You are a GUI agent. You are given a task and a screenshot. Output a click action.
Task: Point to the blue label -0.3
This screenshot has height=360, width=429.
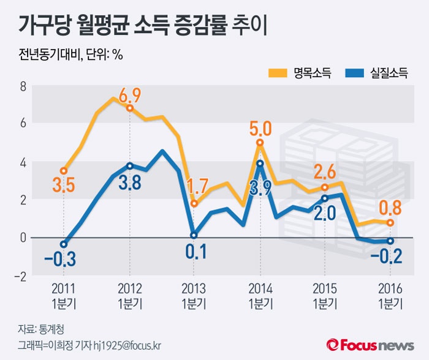[x=59, y=260]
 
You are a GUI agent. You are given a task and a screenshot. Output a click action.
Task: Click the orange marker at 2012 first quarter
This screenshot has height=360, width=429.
[x=130, y=108]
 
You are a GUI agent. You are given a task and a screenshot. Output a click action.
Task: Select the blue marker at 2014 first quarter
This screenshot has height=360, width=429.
[x=260, y=163]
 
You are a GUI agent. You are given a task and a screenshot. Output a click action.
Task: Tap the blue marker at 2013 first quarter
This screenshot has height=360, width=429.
[x=194, y=235]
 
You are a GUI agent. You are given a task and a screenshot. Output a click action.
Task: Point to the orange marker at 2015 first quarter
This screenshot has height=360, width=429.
[x=325, y=187]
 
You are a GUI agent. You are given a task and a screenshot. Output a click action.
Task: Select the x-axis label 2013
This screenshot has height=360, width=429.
[x=194, y=288]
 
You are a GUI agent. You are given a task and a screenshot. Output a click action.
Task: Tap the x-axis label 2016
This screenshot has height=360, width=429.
[x=390, y=288]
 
